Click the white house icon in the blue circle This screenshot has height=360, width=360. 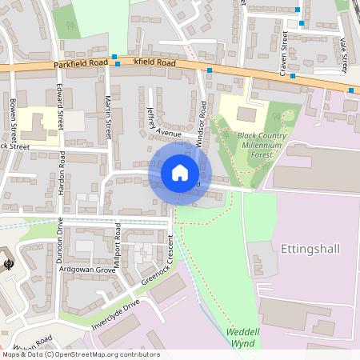coord(179,173)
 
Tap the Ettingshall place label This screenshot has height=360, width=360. coord(310,249)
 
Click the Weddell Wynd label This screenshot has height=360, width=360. coord(240,337)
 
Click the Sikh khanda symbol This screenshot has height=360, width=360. coord(8,263)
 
